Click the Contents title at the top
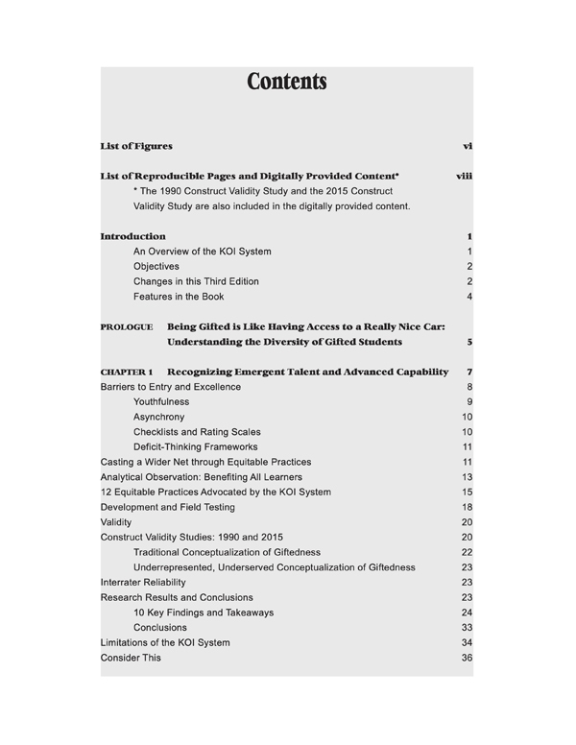287,82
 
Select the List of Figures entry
136,146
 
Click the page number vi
468,146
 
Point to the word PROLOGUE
126,327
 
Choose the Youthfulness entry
161,401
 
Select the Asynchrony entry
159,417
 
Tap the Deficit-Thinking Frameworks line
196,446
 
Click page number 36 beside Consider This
468,658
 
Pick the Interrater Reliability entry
143,582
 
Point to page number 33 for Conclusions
468,628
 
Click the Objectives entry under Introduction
156,266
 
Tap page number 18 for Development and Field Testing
468,507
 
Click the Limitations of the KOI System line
165,642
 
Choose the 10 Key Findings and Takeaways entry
204,613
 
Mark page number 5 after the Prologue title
469,342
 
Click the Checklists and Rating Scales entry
197,432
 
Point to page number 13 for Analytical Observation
468,477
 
